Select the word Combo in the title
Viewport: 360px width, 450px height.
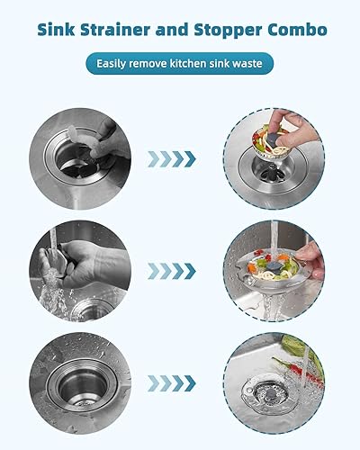coord(296,31)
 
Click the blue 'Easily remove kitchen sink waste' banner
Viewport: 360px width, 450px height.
coord(180,65)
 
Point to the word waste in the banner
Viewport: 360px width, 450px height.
coord(248,65)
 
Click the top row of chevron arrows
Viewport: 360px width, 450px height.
coord(172,159)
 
